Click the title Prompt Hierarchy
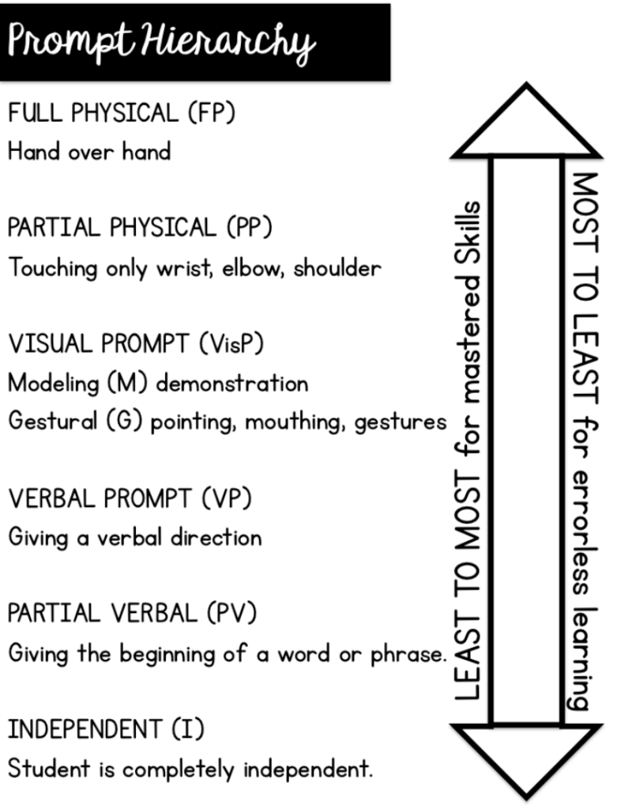tap(162, 41)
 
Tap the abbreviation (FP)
tap(212, 113)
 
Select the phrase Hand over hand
tap(89, 151)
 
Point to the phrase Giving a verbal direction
tap(134, 537)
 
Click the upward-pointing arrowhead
tap(526, 123)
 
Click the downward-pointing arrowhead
tap(526, 757)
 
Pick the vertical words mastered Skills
tap(468, 297)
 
